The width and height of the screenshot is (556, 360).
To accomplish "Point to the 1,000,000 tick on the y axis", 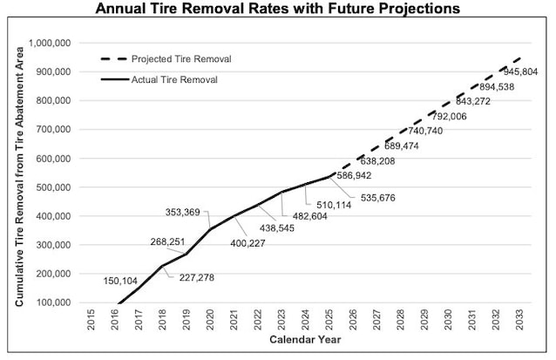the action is [50, 43].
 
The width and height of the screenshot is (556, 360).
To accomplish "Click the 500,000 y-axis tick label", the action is [53, 187].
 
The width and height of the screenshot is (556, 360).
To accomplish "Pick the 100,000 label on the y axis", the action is [53, 302].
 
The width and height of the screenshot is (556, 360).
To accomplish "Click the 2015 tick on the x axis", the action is [92, 320].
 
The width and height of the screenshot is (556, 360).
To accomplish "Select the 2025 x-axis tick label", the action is [329, 320].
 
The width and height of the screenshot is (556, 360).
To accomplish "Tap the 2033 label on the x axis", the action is [519, 320].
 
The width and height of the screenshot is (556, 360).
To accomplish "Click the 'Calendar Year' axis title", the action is [305, 339].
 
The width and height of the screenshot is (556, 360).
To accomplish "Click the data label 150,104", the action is [120, 282].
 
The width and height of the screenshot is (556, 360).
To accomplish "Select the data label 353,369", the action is [183, 212].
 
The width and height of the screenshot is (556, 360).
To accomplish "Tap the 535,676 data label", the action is [378, 198].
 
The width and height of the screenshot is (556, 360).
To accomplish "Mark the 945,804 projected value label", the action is [520, 72].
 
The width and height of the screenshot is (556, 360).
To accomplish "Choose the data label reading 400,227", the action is [247, 243].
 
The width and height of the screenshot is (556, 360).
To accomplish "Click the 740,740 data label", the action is [425, 131].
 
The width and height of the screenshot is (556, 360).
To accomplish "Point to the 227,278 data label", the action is [197, 277].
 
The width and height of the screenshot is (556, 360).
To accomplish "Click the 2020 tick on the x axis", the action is [210, 320].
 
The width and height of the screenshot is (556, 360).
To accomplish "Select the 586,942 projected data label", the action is [354, 175].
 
